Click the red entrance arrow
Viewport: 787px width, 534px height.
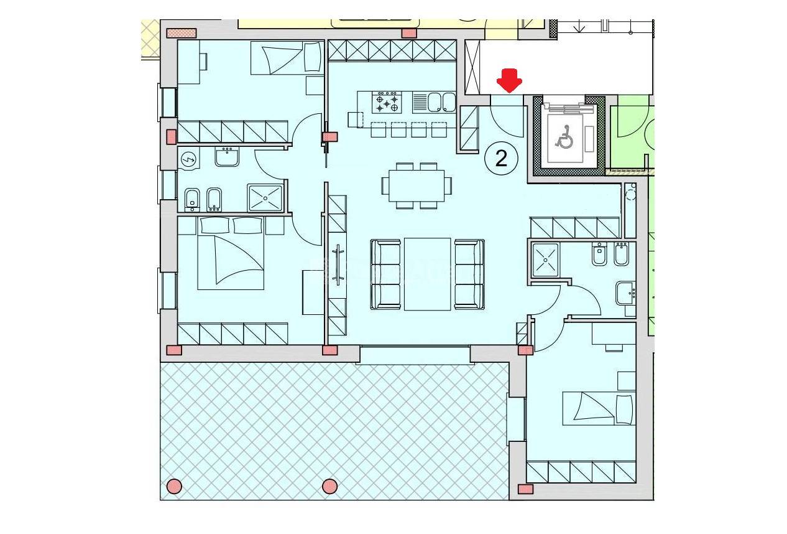509,81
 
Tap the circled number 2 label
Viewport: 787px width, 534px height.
501,159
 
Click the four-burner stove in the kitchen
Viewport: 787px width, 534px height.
387,102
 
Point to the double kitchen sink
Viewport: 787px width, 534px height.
435,102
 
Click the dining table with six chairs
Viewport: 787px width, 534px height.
417,185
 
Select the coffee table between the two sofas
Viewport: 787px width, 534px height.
427,274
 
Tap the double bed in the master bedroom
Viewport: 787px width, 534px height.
231,253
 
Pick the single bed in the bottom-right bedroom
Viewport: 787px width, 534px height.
599,408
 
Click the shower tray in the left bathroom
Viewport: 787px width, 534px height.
265,198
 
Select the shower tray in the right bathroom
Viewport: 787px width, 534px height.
545,260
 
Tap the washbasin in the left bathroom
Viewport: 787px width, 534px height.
227,157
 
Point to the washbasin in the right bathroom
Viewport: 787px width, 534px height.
625,293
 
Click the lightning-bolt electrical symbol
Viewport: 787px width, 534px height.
189,161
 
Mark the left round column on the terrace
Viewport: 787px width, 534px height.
174,487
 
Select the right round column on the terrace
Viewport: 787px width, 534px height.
329,487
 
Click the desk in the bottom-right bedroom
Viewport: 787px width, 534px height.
614,334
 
